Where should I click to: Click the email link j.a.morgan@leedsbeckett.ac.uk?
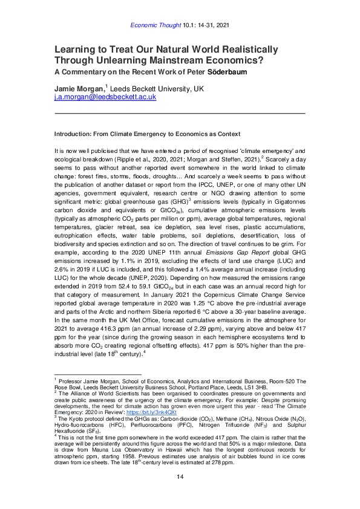pyautogui.click(x=106, y=97)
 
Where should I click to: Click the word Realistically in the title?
pyautogui.click(x=246, y=49)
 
